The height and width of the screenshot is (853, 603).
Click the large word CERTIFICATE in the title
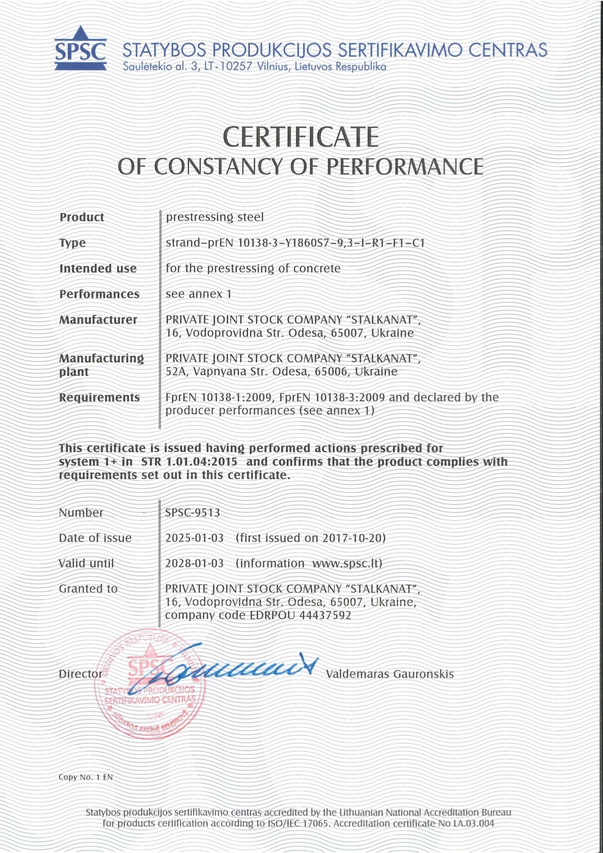301,136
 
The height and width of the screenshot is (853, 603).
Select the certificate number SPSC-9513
193,513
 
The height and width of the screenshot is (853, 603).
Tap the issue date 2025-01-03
194,539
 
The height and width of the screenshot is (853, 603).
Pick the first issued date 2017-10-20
352,539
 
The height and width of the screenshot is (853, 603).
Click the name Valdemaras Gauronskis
390,674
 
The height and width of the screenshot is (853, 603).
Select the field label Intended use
98,269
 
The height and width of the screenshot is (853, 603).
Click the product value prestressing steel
215,218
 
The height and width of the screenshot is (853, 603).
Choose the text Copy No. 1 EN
86,777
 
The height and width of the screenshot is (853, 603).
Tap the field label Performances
99,294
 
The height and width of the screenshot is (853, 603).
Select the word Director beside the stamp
80,674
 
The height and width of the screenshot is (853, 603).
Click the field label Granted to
88,589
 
